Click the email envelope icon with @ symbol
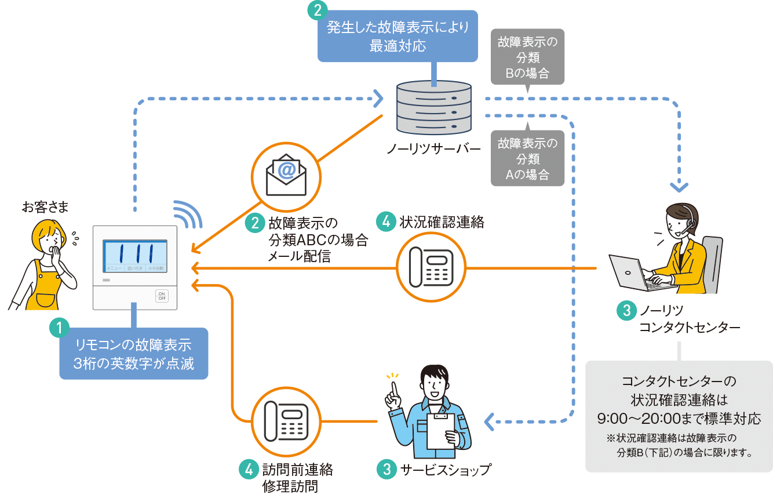[x=285, y=176]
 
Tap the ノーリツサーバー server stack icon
[x=433, y=108]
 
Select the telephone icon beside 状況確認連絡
[x=431, y=268]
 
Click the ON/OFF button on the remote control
[x=162, y=296]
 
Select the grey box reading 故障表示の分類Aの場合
[x=527, y=158]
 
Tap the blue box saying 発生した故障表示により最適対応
[x=398, y=36]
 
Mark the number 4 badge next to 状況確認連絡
[x=385, y=221]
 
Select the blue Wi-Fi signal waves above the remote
[x=188, y=215]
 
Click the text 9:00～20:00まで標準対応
[x=679, y=419]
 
